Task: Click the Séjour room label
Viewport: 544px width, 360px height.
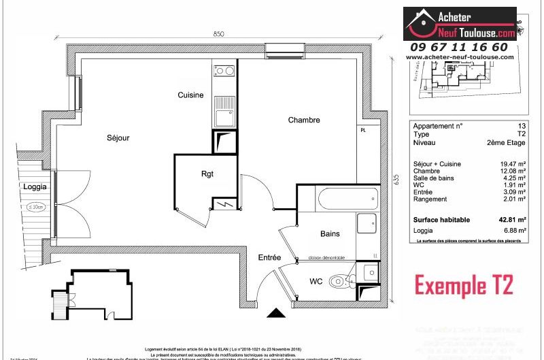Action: pyautogui.click(x=118, y=137)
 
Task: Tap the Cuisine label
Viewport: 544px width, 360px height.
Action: pyautogui.click(x=190, y=95)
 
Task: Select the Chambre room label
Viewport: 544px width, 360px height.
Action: pyautogui.click(x=303, y=120)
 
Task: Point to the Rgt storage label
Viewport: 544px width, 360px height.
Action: pyautogui.click(x=207, y=174)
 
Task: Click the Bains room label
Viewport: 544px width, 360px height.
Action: pyautogui.click(x=330, y=233)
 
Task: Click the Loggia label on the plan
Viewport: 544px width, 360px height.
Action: pyautogui.click(x=35, y=186)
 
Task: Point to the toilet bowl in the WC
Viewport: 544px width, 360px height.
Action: pyautogui.click(x=338, y=281)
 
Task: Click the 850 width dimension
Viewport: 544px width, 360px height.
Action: pyautogui.click(x=218, y=33)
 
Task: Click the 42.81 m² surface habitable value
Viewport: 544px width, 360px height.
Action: pyautogui.click(x=513, y=220)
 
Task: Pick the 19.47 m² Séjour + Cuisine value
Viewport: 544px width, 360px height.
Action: pyautogui.click(x=513, y=164)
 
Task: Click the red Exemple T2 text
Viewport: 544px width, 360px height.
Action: pyautogui.click(x=464, y=282)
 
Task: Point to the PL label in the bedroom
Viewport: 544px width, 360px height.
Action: pyautogui.click(x=363, y=130)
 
